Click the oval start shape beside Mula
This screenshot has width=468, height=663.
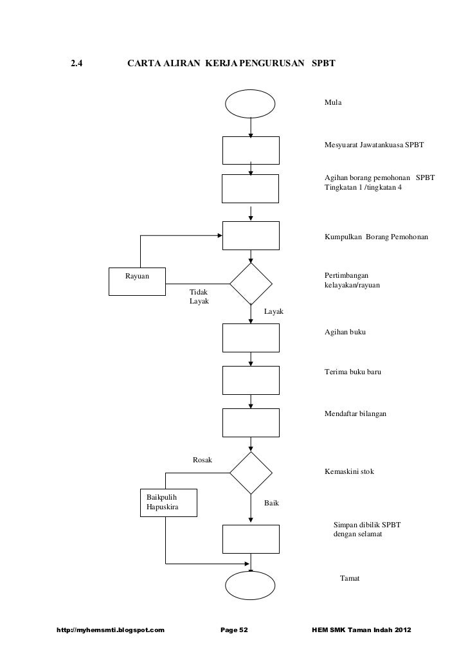click(251, 104)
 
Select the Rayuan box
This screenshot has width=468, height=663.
click(137, 280)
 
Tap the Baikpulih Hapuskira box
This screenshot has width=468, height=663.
click(169, 503)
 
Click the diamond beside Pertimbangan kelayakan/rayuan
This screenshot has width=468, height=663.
click(251, 284)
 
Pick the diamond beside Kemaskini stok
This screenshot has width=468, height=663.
click(251, 473)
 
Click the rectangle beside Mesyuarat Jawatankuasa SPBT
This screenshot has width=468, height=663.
click(251, 150)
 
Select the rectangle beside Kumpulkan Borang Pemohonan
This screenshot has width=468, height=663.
click(251, 235)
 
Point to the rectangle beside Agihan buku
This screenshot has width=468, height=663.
click(251, 338)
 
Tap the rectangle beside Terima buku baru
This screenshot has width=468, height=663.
click(251, 380)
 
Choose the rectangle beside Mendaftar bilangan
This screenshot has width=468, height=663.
click(251, 422)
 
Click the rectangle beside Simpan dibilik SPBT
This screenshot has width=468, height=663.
click(251, 539)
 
